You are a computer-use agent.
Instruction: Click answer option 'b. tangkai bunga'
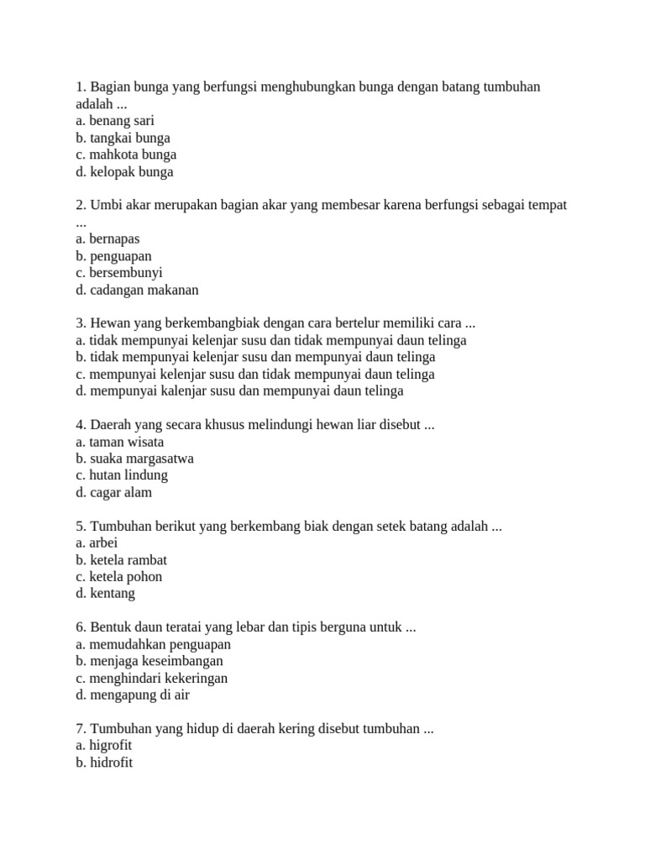pos(123,138)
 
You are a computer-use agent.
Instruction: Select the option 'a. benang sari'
pos(114,121)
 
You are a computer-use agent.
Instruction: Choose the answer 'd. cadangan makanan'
pos(136,290)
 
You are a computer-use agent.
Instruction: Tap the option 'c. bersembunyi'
pos(118,273)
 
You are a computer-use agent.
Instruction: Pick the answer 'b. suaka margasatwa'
pos(134,459)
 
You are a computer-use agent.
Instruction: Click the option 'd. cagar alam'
pos(113,492)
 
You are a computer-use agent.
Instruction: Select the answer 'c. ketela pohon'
pos(118,576)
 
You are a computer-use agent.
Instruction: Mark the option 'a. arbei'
pos(97,543)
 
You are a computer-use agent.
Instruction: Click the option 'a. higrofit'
pos(103,745)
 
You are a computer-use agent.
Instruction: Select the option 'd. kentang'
pos(105,593)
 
